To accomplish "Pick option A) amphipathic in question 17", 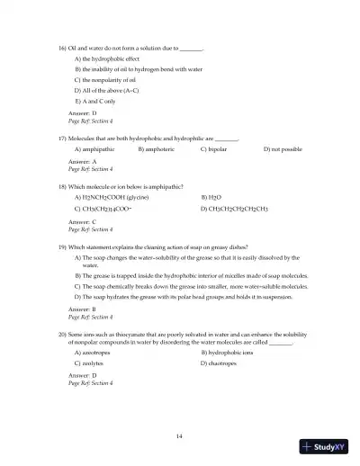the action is point(98,149).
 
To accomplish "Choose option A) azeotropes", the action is point(97,352).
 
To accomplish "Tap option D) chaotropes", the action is point(220,363).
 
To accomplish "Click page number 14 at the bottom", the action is point(180,435).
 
